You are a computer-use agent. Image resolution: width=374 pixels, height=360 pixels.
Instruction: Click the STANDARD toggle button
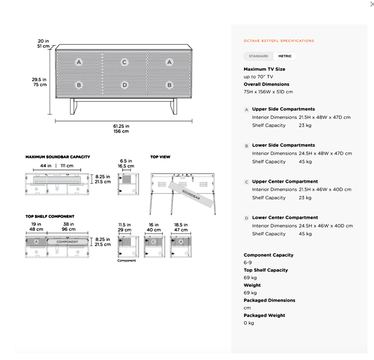(258, 56)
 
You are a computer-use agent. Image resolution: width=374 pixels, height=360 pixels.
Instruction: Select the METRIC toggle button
(285, 56)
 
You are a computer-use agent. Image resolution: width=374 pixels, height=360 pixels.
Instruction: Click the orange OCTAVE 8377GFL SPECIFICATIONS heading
(279, 41)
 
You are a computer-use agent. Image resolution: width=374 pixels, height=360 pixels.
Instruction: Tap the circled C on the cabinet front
(124, 62)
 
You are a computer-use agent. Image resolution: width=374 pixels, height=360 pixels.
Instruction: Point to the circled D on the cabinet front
(124, 85)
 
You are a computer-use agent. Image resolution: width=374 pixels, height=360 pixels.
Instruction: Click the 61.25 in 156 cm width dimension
(121, 128)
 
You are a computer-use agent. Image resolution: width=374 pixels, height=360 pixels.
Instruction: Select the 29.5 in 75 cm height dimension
(40, 82)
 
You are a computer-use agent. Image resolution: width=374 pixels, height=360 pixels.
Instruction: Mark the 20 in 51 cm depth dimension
(43, 44)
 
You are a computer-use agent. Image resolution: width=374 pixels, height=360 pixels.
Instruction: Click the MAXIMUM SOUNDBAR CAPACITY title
(57, 157)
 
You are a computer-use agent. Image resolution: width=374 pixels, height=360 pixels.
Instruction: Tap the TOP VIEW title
(160, 157)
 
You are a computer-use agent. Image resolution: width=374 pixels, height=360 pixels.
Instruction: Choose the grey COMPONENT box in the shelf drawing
(67, 242)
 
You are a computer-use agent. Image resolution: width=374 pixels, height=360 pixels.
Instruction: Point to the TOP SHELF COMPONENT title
(50, 216)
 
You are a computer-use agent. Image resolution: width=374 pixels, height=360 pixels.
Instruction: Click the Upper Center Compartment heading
(285, 181)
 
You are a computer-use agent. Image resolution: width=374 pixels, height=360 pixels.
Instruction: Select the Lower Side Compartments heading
(283, 145)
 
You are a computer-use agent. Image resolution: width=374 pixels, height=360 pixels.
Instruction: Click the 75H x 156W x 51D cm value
(268, 92)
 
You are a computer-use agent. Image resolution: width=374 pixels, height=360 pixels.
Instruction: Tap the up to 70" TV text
(258, 77)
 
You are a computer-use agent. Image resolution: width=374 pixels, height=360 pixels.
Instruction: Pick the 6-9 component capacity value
(247, 263)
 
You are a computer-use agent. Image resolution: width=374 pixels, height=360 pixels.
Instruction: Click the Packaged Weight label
(264, 315)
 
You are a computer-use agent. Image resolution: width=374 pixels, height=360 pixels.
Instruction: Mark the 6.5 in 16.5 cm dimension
(126, 163)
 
